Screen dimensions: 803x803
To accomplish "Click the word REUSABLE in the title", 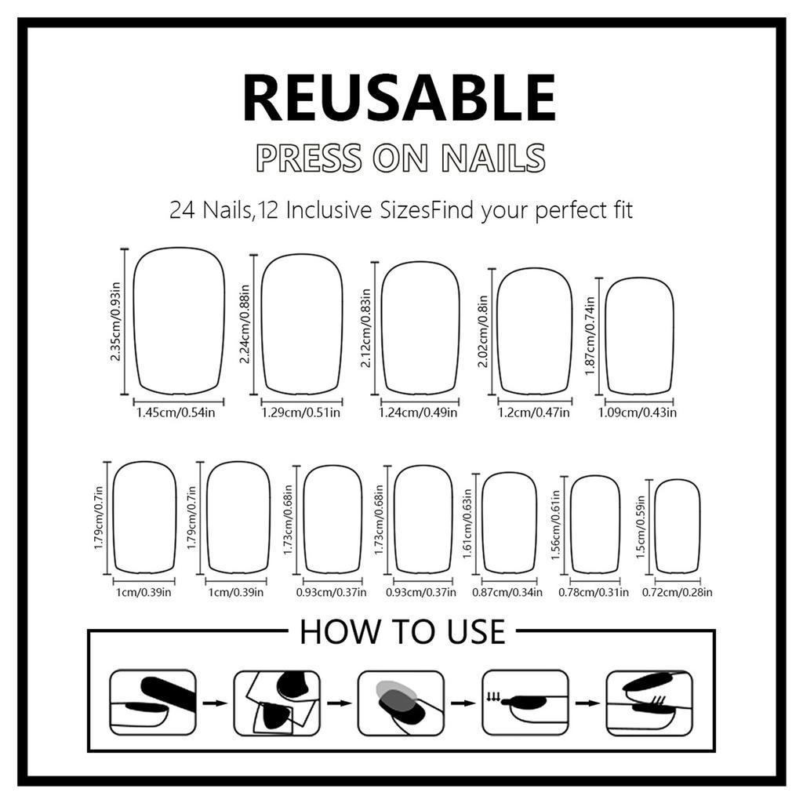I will click(x=399, y=97).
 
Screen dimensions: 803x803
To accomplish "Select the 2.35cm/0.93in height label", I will click(x=115, y=322).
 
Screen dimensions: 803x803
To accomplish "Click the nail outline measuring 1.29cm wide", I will click(x=302, y=324).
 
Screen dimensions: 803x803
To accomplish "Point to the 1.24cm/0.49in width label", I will click(x=418, y=412).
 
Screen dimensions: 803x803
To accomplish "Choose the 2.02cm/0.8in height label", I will click(x=483, y=332).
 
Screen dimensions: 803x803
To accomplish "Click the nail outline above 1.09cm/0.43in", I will click(x=639, y=336).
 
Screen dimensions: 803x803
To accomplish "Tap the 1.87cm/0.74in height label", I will click(x=590, y=336).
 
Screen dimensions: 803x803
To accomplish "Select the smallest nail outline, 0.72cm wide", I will click(x=677, y=526).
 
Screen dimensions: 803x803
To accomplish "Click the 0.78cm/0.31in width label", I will click(x=593, y=592).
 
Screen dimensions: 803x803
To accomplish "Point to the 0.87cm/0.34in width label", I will click(x=507, y=592).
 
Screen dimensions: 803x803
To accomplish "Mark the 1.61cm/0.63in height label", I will click(x=468, y=525).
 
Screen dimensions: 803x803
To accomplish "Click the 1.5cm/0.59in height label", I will click(x=641, y=528).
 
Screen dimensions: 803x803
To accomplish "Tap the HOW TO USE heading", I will click(x=402, y=632).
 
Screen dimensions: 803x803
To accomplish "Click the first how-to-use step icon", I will click(x=152, y=702).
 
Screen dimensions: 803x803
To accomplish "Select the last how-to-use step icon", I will click(x=649, y=702).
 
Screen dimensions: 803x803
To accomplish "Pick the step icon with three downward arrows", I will click(x=524, y=702).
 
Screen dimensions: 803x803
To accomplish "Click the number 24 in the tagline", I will click(x=183, y=211).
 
